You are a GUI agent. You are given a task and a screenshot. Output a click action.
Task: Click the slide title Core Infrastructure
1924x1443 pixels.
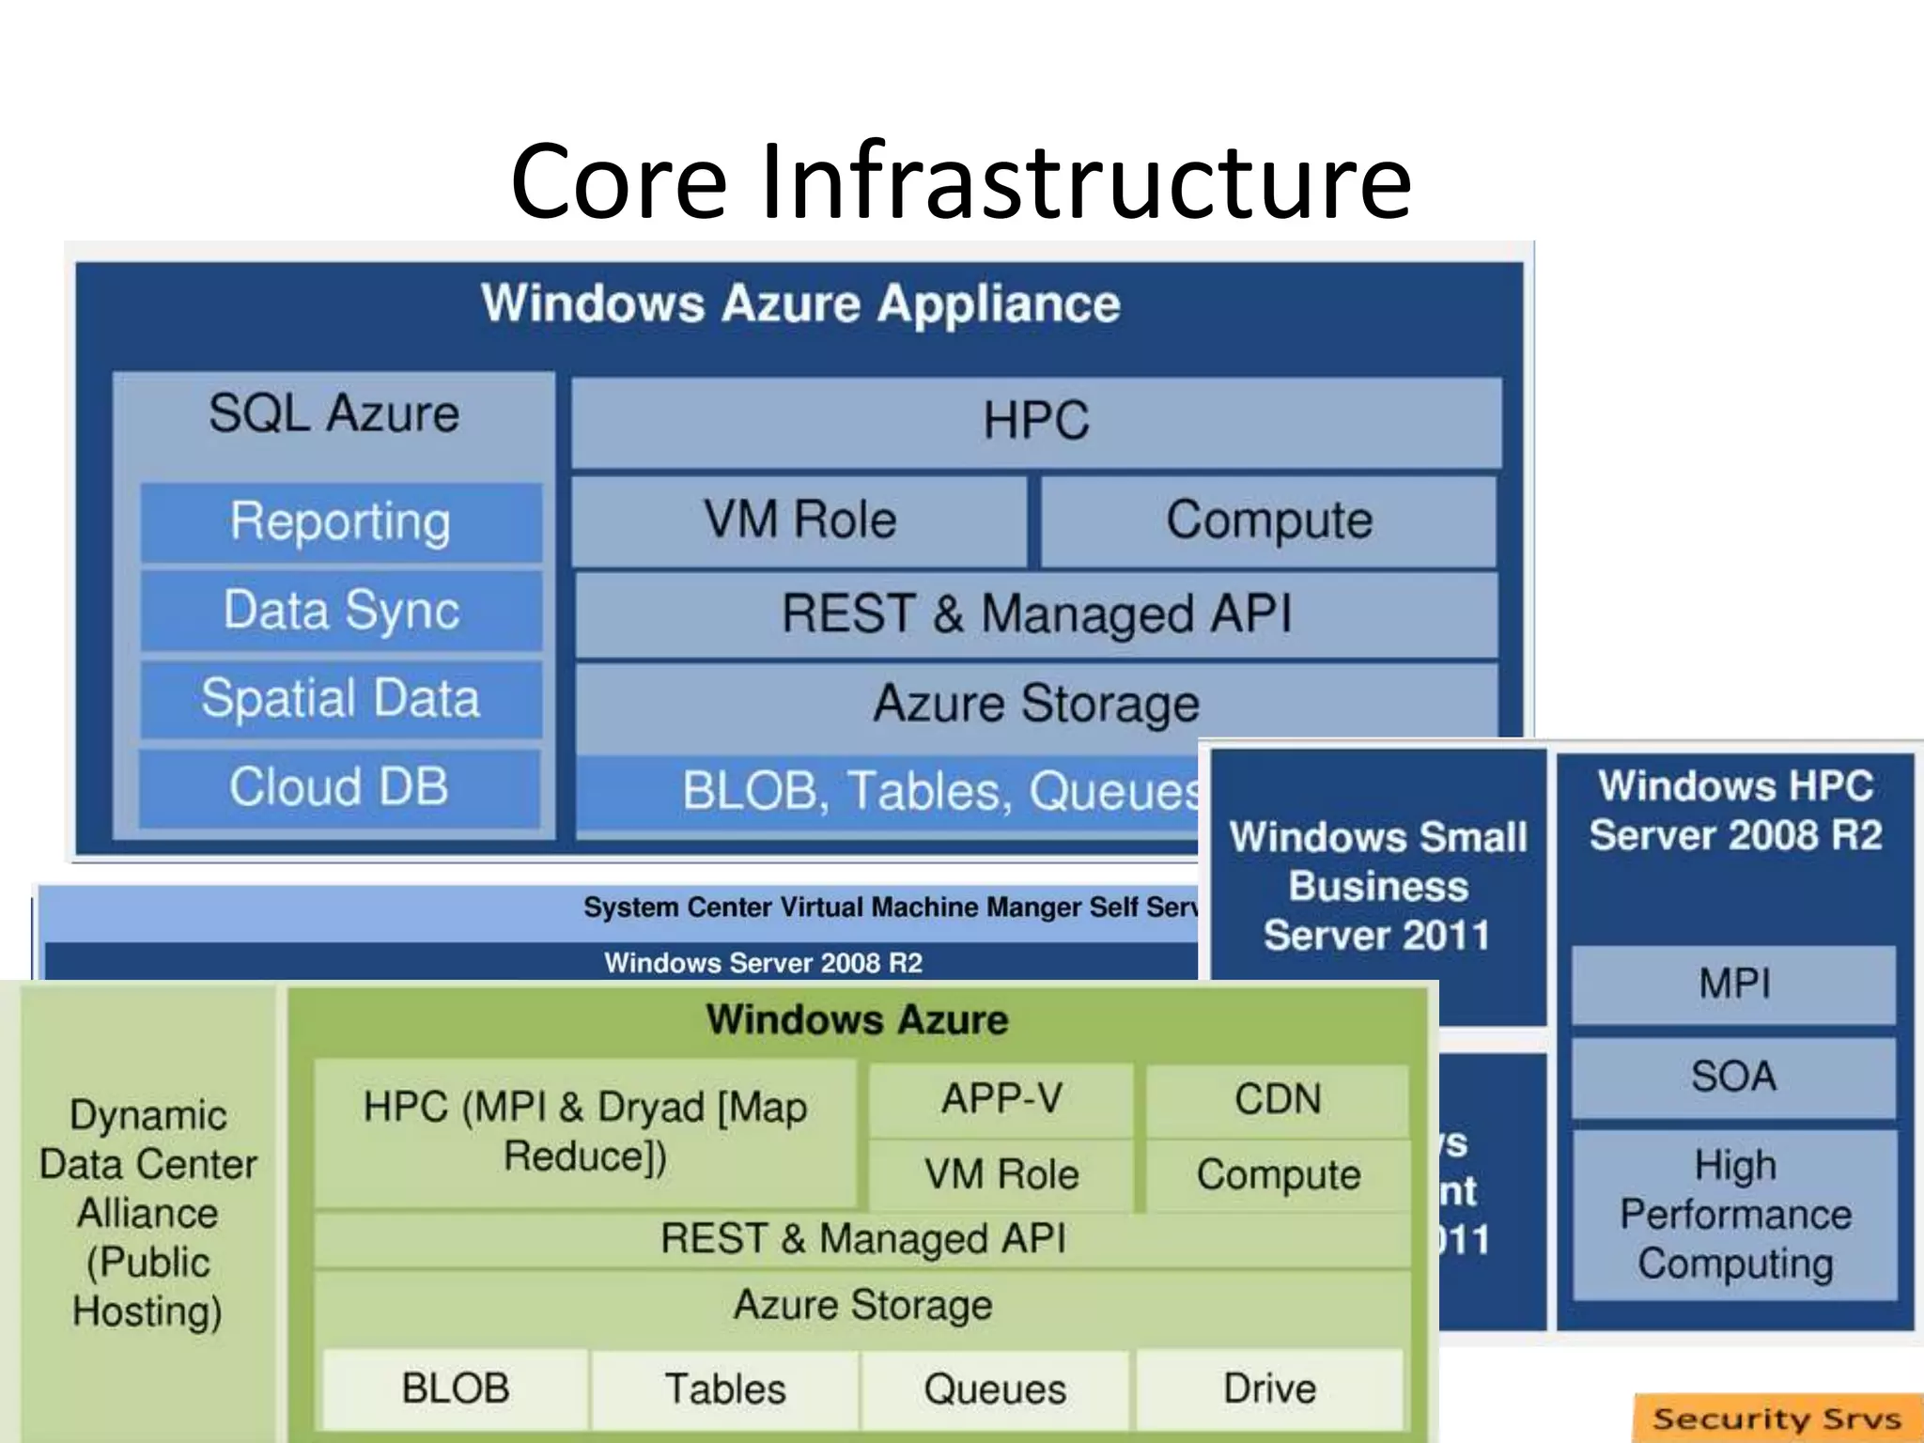(x=960, y=180)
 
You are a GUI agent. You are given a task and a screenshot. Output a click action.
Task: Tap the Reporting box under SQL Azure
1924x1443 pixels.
(x=341, y=522)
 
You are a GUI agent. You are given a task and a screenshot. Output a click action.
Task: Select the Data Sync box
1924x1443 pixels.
(x=341, y=611)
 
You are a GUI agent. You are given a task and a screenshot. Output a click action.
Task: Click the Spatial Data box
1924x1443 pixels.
(x=341, y=699)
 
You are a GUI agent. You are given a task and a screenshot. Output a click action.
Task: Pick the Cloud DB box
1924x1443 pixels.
(x=339, y=787)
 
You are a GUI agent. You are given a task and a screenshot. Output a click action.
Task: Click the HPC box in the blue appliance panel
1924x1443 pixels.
(x=1035, y=421)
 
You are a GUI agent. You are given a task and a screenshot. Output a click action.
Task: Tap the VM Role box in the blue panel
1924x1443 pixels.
(x=799, y=520)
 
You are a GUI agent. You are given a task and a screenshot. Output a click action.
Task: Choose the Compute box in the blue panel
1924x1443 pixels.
(x=1268, y=520)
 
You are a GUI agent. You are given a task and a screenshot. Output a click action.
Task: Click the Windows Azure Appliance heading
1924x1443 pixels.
(x=800, y=304)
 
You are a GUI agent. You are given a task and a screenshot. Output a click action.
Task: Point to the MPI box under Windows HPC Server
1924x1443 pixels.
(x=1734, y=985)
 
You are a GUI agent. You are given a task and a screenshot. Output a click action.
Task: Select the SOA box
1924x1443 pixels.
(x=1734, y=1077)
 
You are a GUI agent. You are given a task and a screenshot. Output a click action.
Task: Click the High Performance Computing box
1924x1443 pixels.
(x=1734, y=1214)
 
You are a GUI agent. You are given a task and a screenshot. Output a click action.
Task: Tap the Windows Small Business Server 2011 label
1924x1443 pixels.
(x=1377, y=887)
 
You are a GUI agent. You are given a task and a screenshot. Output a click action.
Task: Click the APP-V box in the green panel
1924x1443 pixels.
(x=1001, y=1099)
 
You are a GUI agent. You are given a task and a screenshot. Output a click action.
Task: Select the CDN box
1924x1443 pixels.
(x=1278, y=1099)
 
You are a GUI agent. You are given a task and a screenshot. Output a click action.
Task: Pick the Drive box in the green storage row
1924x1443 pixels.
(x=1269, y=1389)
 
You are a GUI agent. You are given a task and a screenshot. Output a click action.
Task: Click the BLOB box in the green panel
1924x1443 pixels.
(x=456, y=1389)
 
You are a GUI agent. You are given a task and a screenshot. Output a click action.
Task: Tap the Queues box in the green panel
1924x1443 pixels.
(x=995, y=1389)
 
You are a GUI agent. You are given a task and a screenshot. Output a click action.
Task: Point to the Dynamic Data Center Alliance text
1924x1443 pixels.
(x=148, y=1212)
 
